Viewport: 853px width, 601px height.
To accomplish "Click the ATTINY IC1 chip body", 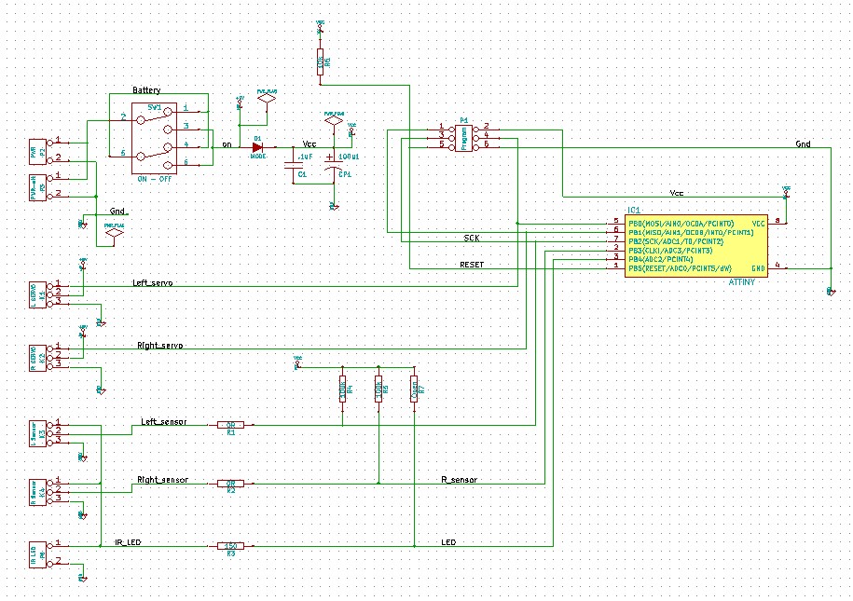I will tap(695, 245).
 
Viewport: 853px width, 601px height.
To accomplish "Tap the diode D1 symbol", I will tap(258, 147).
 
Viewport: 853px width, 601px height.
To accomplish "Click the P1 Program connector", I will tap(464, 136).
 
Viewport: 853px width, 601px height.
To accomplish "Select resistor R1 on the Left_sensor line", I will tap(230, 425).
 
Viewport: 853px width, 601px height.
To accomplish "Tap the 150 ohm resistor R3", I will tap(230, 545).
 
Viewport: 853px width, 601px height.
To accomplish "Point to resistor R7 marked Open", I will tap(414, 389).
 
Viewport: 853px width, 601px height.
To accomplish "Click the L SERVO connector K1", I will tap(36, 293).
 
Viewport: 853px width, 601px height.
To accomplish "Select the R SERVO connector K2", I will tap(36, 356).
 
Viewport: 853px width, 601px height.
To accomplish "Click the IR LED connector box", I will tap(36, 553).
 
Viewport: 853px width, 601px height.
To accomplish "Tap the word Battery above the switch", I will tap(146, 90).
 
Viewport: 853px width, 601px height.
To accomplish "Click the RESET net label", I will tap(472, 265).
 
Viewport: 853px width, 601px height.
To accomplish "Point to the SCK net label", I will tap(472, 239).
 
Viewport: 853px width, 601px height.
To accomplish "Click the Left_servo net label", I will tap(153, 282).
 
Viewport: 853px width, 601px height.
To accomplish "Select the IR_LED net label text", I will tap(128, 540).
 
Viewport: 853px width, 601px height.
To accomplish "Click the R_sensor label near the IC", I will tap(459, 480).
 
